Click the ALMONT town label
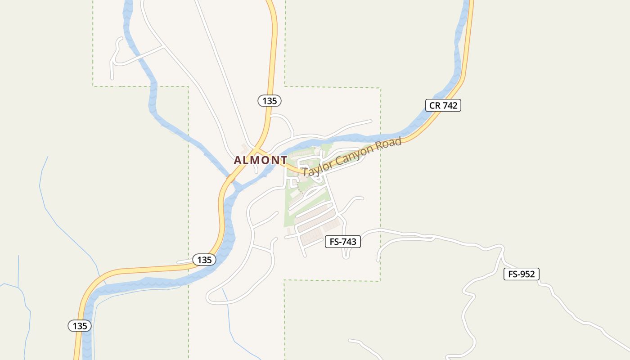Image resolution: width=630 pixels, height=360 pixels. click(261, 160)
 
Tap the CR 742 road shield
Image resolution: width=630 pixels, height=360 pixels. click(443, 105)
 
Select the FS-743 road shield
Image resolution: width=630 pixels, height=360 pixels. click(343, 242)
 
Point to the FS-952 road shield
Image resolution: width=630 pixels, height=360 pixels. click(521, 274)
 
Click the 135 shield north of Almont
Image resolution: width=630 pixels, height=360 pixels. click(270, 101)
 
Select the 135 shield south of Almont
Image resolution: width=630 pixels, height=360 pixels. click(204, 260)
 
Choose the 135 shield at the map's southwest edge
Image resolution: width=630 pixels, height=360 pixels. click(80, 326)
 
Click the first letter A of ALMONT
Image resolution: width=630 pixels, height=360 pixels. click(238, 160)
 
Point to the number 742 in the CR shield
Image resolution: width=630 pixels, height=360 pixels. click(450, 105)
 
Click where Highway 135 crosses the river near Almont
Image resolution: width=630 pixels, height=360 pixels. click(230, 178)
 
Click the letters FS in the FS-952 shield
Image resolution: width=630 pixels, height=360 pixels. click(513, 274)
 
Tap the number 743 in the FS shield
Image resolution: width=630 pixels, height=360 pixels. click(349, 242)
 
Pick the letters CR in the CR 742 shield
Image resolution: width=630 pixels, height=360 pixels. click(434, 105)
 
